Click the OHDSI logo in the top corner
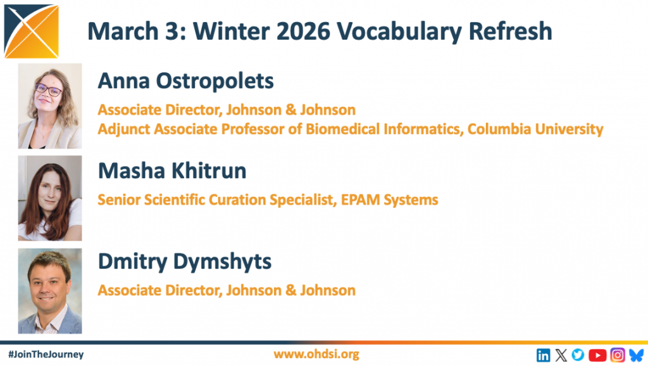coord(32,31)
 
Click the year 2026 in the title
coord(304,32)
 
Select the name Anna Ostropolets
coord(185,80)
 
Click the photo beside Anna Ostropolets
coord(50,106)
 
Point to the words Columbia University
coord(535,129)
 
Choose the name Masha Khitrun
coord(172,171)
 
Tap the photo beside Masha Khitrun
coord(50,198)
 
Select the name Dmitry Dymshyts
coord(185,262)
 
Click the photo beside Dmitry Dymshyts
coord(50,291)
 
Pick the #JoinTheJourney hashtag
coord(46,355)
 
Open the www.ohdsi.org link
coord(316,354)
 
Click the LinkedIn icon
coord(544,355)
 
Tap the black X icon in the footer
coord(561,355)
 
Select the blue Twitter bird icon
coord(578,355)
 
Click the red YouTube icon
coord(597,355)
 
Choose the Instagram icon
coord(618,355)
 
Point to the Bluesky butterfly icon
coord(637,355)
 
